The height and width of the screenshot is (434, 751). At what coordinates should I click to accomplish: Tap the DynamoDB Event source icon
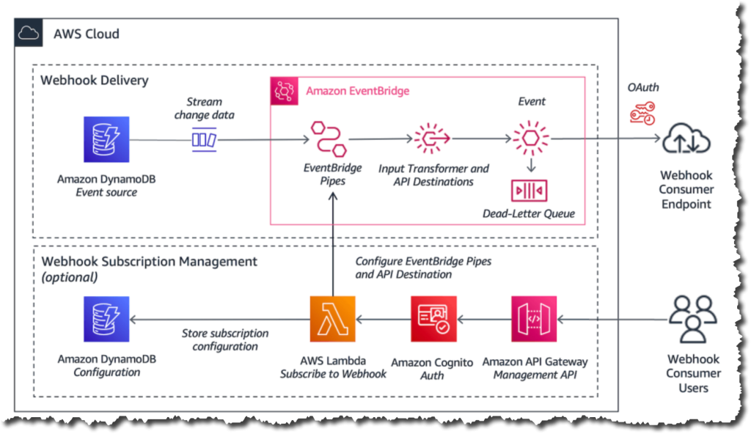pyautogui.click(x=106, y=139)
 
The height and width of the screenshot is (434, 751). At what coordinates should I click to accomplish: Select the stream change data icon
pyautogui.click(x=203, y=139)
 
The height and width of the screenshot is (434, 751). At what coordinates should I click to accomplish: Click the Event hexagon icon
pyautogui.click(x=530, y=137)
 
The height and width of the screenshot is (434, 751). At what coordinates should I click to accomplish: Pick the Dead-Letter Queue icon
pyautogui.click(x=530, y=191)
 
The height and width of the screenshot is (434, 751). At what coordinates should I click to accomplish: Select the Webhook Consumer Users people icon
pyautogui.click(x=693, y=319)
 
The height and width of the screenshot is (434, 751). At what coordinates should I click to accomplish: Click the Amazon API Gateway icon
pyautogui.click(x=535, y=319)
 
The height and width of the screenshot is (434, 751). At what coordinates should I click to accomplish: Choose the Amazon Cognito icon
pyautogui.click(x=433, y=319)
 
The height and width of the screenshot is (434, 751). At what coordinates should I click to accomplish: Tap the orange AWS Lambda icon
pyautogui.click(x=332, y=319)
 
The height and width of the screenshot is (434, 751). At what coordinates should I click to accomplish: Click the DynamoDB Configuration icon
pyautogui.click(x=106, y=319)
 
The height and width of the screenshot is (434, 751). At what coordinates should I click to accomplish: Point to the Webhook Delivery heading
pyautogui.click(x=94, y=80)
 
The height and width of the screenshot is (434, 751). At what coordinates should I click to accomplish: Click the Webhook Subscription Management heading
pyautogui.click(x=149, y=261)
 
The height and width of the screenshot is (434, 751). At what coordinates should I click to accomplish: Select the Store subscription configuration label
pyautogui.click(x=225, y=339)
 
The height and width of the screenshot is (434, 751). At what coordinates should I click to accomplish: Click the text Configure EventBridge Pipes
pyautogui.click(x=423, y=261)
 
